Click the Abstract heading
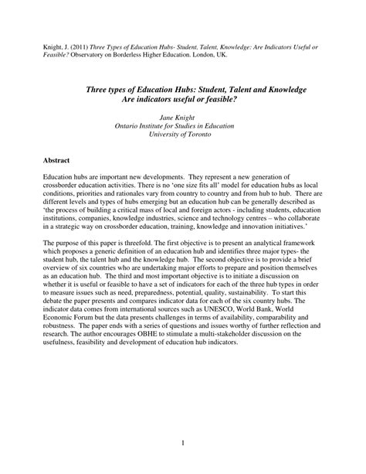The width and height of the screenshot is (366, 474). pos(56,161)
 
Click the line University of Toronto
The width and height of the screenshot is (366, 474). pos(183,133)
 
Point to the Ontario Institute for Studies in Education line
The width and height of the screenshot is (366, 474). pos(183,124)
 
